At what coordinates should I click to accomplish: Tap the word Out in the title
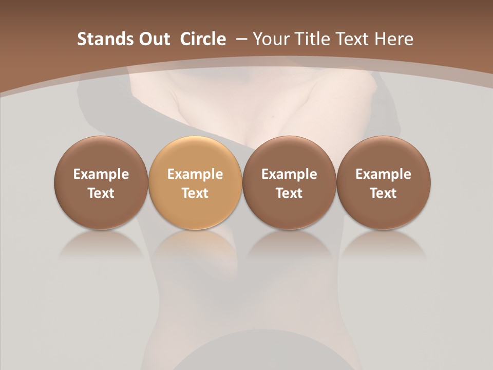click(153, 39)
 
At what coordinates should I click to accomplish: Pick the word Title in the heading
click(310, 39)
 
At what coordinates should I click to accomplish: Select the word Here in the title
click(393, 39)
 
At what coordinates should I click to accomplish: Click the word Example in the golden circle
click(195, 175)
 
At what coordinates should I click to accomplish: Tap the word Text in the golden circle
click(195, 193)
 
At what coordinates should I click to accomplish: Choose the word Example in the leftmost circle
click(101, 175)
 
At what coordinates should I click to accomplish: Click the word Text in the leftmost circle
click(101, 193)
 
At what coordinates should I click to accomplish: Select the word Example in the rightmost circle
click(383, 175)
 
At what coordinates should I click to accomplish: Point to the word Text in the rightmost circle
click(383, 193)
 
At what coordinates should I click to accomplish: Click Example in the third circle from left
click(289, 175)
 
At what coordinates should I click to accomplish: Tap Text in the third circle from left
click(289, 193)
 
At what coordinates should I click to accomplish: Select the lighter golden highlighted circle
click(195, 154)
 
